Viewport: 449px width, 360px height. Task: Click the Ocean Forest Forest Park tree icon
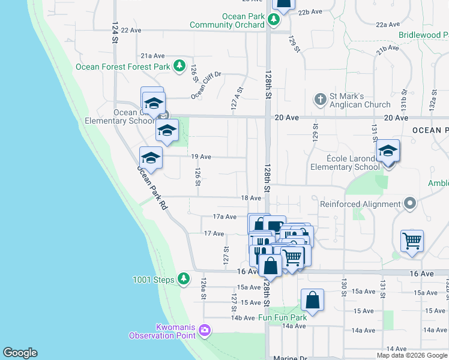point(179,65)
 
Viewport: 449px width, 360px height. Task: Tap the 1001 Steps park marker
point(184,279)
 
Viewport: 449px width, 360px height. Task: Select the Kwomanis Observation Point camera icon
point(205,330)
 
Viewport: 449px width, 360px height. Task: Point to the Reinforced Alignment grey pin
point(410,203)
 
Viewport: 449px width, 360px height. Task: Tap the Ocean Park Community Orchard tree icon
point(274,19)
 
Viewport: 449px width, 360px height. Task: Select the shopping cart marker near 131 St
point(412,241)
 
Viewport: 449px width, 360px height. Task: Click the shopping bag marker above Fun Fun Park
point(312,299)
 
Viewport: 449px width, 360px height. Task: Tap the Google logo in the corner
point(20,353)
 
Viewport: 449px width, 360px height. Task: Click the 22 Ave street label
point(131,29)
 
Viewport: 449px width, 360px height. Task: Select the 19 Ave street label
point(201,157)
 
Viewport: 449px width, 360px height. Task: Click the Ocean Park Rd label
point(151,187)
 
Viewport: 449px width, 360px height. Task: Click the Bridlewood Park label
point(423,35)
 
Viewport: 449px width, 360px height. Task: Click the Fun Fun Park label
point(282,317)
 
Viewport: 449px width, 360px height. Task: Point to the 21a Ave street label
point(153,56)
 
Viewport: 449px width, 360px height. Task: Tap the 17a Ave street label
point(226,217)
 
